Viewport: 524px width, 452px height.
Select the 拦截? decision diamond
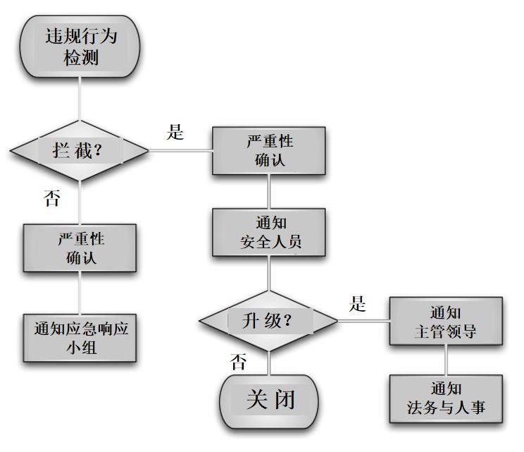80,151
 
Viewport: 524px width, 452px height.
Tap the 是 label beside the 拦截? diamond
175,132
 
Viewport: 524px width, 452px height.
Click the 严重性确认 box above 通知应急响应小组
80,248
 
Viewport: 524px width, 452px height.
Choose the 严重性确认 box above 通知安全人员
269,150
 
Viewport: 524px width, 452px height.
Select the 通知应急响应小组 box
80,338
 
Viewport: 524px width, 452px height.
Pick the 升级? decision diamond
268,322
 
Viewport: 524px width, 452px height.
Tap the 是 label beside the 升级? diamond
358,304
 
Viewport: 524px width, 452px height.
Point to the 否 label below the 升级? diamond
239,362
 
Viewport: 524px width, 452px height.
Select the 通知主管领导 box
445,322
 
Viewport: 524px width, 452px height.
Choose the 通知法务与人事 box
445,398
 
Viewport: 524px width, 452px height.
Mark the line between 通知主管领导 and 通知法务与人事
445,360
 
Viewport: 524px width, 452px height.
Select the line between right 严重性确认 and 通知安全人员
269,191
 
